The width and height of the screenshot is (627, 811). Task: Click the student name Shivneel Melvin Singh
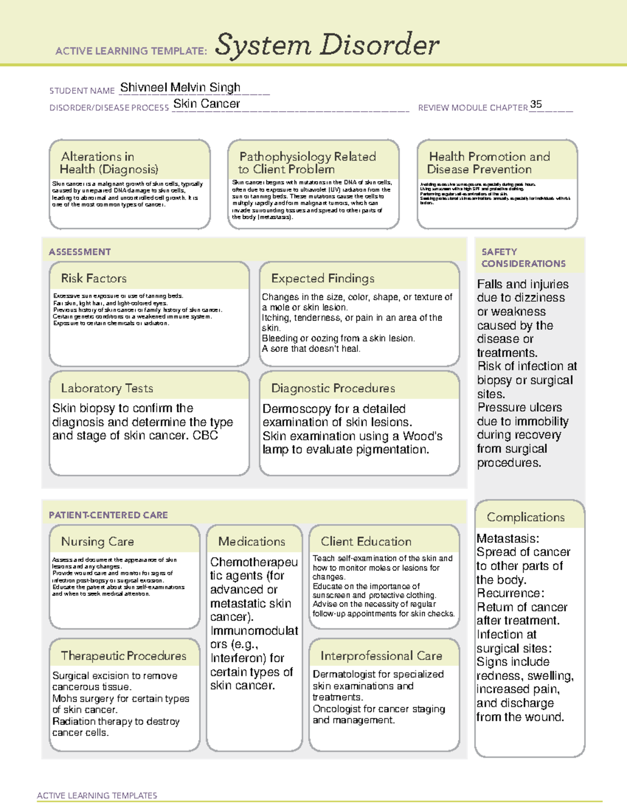pos(180,87)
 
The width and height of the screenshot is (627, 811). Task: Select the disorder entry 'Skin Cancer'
pos(206,104)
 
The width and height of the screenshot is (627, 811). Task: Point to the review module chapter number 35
pos(536,104)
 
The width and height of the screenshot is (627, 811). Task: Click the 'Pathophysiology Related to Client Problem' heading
pos(307,163)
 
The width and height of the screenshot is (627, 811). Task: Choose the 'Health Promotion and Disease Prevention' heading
pos(489,163)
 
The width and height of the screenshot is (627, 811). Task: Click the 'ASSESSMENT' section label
pos(79,252)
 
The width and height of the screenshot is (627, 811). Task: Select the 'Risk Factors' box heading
pos(94,278)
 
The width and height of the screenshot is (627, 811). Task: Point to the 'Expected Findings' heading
pos(322,278)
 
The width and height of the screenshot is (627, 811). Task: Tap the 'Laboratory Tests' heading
pos(107,388)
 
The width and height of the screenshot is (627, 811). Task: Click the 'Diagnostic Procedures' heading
pos(333,388)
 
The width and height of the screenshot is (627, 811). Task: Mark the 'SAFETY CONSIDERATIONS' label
pos(523,258)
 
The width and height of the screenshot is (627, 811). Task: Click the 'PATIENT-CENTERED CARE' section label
pos(108,515)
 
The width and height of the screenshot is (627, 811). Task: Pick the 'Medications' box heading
pos(251,542)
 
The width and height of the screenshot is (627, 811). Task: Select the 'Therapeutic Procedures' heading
pos(123,655)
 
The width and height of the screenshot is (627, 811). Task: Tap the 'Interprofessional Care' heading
pos(381,655)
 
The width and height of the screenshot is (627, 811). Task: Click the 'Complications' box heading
pos(526,517)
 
